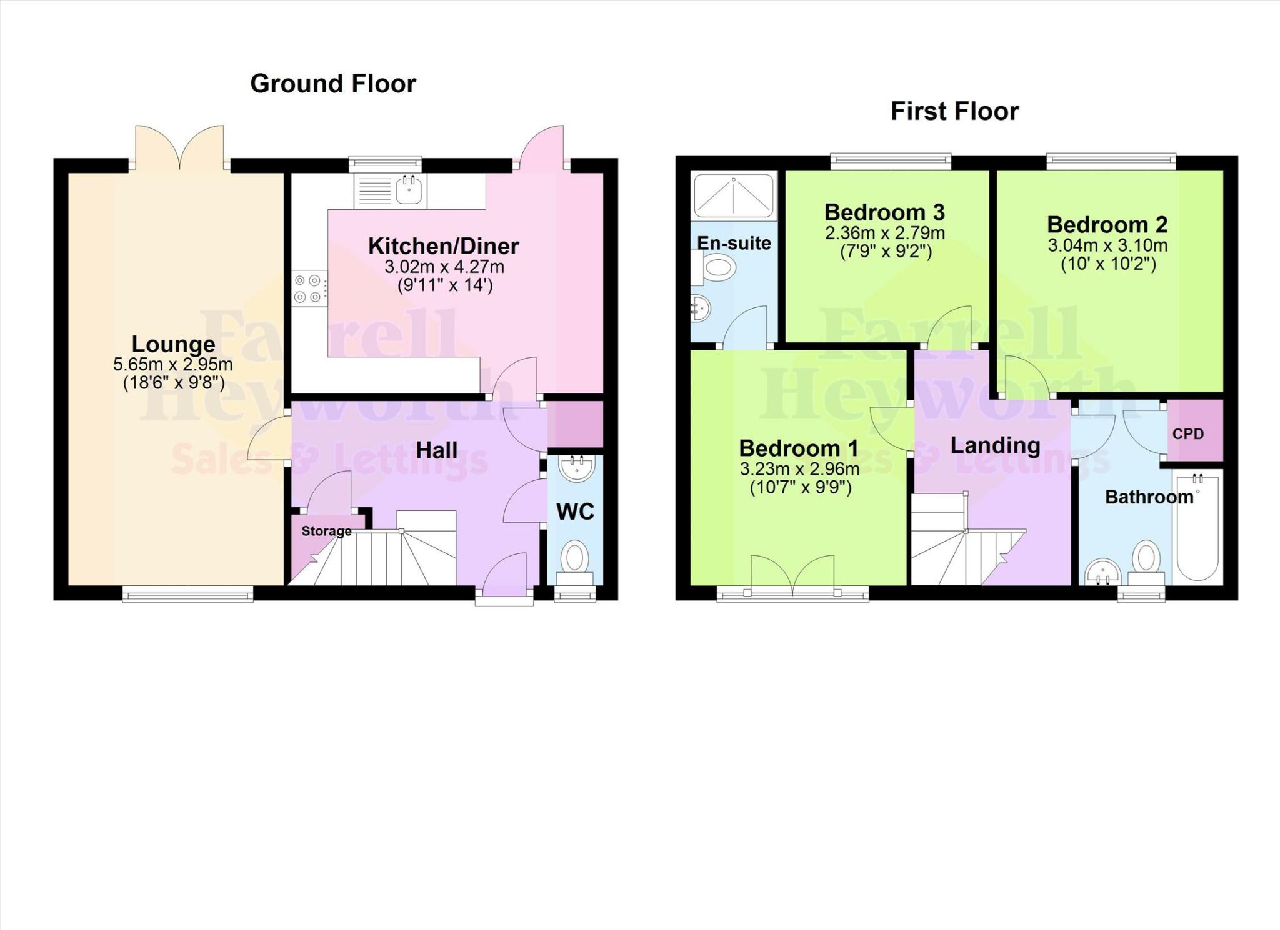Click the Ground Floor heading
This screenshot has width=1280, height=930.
(x=332, y=84)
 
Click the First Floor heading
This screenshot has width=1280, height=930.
(x=954, y=111)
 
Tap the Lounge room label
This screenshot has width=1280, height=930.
(x=173, y=344)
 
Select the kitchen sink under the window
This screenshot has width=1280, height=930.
(x=409, y=189)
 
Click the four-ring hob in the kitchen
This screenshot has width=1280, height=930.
(x=309, y=289)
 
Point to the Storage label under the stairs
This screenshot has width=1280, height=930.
(x=326, y=531)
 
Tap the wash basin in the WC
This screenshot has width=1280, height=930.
(x=576, y=468)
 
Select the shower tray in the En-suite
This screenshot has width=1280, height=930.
(x=734, y=195)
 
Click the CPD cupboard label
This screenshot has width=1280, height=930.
(x=1188, y=433)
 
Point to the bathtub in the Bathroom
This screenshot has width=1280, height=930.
(x=1197, y=528)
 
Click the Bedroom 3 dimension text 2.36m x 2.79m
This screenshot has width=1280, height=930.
(x=884, y=233)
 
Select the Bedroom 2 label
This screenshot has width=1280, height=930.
(x=1107, y=224)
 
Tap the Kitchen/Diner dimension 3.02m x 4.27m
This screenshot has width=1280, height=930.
(x=444, y=267)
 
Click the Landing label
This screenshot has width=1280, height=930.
(x=995, y=445)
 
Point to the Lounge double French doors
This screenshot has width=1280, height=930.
(x=180, y=149)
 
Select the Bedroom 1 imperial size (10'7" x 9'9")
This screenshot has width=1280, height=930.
(x=800, y=487)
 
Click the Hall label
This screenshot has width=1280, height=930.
(x=436, y=450)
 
